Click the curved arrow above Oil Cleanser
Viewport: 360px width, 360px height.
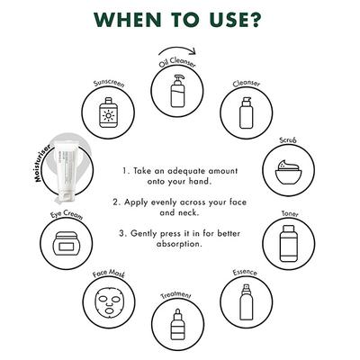[x=177, y=48]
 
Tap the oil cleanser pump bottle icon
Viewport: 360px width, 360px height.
[x=177, y=91]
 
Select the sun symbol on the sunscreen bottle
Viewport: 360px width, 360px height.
[x=108, y=115]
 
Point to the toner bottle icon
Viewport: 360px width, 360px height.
[x=289, y=243]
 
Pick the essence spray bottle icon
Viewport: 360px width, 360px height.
[x=246, y=302]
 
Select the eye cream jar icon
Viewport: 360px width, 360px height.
[x=66, y=244]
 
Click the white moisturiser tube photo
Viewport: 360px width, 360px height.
[x=64, y=169]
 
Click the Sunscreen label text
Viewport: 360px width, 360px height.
[x=108, y=83]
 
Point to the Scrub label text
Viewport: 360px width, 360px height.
[x=288, y=140]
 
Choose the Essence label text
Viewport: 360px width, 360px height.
[x=245, y=273]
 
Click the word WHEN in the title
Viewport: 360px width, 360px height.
[x=128, y=20]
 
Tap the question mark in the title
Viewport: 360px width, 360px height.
[x=254, y=20]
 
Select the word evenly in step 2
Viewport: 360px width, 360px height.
[x=163, y=202]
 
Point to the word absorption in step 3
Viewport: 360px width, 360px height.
[x=178, y=244]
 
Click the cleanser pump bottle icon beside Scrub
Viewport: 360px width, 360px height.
[x=247, y=112]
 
